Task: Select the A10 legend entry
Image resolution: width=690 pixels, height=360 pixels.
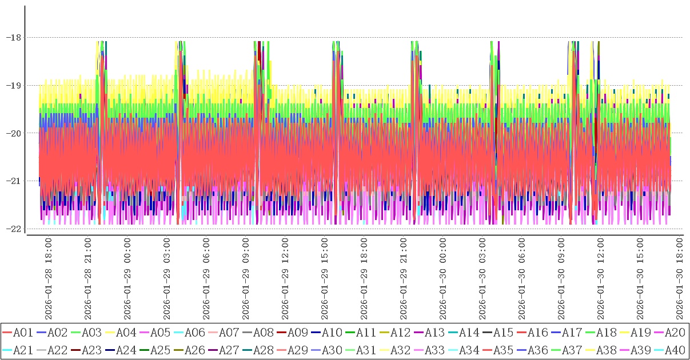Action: click(331, 332)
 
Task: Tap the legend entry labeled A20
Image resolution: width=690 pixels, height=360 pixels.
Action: click(674, 332)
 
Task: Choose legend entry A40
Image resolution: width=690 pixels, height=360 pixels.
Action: click(674, 349)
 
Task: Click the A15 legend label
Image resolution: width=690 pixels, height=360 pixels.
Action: click(502, 332)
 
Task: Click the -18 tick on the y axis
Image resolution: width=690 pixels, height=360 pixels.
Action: click(13, 38)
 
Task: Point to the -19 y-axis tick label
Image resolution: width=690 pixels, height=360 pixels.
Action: click(13, 86)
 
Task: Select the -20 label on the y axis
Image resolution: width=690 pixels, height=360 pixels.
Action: click(13, 133)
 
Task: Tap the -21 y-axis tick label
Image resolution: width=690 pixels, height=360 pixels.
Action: click(13, 181)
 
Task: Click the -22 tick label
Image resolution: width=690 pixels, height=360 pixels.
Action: click(13, 229)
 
